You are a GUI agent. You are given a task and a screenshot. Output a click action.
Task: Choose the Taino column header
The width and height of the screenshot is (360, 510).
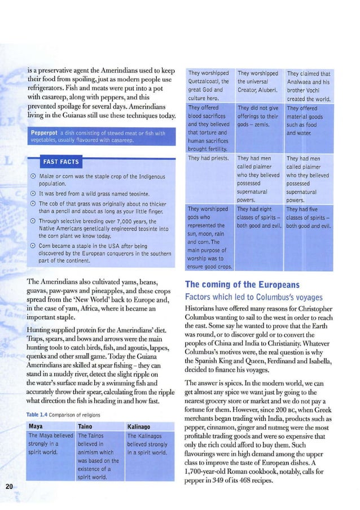88,426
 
